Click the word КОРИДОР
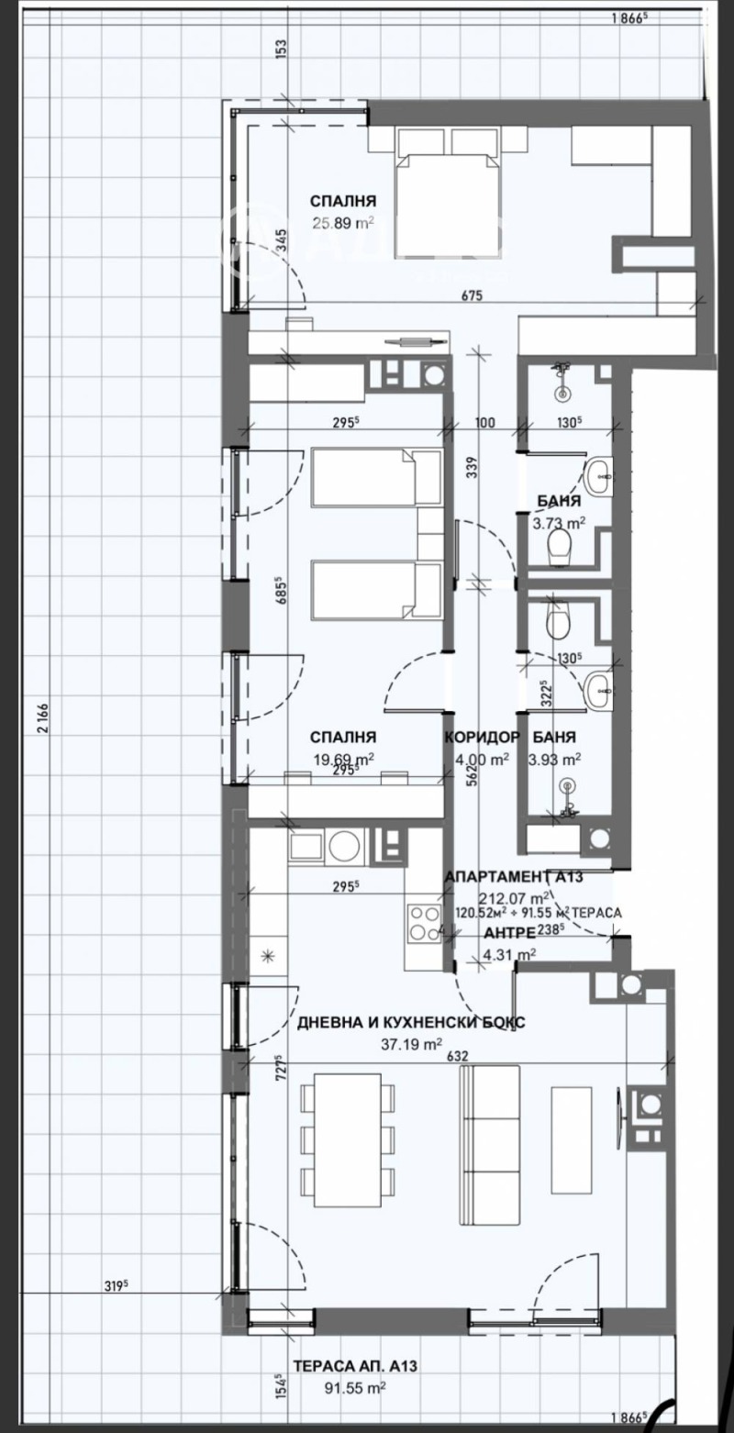pyautogui.click(x=483, y=737)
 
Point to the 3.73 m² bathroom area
pyautogui.click(x=559, y=524)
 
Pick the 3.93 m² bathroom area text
pyautogui.click(x=558, y=759)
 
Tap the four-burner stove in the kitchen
pyautogui.click(x=424, y=923)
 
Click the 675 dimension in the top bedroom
pyautogui.click(x=472, y=295)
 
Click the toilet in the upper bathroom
pyautogui.click(x=559, y=550)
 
